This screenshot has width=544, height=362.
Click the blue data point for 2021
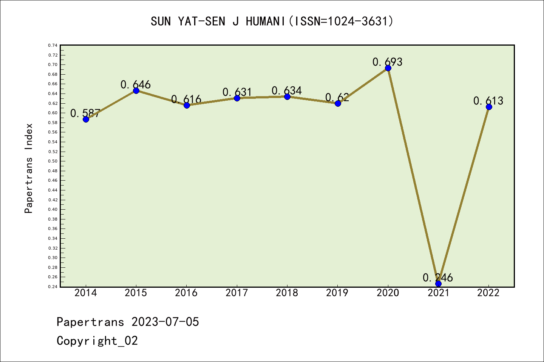438,284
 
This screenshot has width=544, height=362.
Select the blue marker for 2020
388,68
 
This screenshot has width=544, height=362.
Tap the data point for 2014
86,119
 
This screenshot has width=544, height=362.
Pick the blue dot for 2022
489,107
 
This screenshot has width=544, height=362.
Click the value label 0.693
387,62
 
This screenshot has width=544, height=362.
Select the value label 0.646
136,85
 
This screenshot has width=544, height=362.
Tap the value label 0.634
287,91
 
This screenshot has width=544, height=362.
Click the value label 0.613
488,101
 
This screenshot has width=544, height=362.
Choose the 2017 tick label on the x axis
237,293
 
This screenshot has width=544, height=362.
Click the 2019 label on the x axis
337,293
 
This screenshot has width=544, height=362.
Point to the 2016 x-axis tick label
186,293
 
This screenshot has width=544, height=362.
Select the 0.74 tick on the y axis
53,45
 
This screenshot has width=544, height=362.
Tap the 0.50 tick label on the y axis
53,161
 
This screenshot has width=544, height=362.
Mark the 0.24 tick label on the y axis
53,287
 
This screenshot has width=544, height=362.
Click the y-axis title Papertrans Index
29,168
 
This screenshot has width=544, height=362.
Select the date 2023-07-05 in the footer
165,322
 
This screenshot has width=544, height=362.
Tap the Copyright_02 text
97,341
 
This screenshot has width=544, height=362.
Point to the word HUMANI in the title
266,21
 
